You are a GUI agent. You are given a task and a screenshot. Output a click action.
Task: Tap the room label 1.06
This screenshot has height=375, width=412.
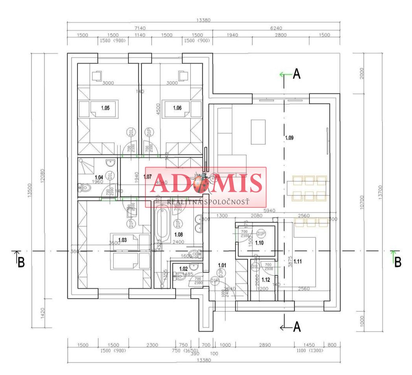[177, 108]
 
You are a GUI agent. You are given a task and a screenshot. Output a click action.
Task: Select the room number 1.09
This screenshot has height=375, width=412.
[289, 138]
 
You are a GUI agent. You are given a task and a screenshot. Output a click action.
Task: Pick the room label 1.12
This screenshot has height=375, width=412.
[266, 280]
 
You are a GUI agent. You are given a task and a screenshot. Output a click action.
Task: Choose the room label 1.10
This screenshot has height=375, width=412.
[259, 243]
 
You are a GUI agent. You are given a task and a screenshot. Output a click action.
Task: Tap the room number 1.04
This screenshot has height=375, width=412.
[99, 177]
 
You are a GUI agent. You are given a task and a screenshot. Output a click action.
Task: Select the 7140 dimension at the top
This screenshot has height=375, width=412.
[140, 28]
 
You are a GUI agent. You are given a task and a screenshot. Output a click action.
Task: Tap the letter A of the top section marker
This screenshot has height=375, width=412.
[297, 74]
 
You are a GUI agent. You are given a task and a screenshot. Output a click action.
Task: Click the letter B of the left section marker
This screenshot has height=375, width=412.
[21, 262]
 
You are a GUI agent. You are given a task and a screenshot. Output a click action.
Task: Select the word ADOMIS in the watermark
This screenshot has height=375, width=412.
[207, 183]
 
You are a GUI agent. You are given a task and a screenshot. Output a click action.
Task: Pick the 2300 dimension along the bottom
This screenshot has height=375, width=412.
[152, 345]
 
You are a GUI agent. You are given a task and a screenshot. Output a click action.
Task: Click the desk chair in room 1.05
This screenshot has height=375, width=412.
[97, 75]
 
